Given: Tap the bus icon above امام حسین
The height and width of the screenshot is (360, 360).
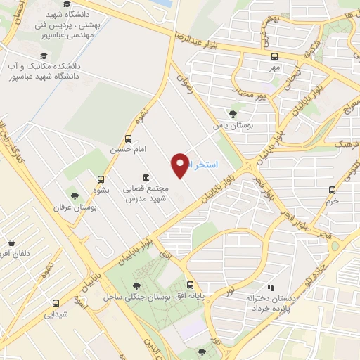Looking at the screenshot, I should tap(127, 139).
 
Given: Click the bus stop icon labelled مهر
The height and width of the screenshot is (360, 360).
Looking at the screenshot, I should tap(274, 56).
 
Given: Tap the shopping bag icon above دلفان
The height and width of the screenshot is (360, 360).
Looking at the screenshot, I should tap(10, 240).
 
